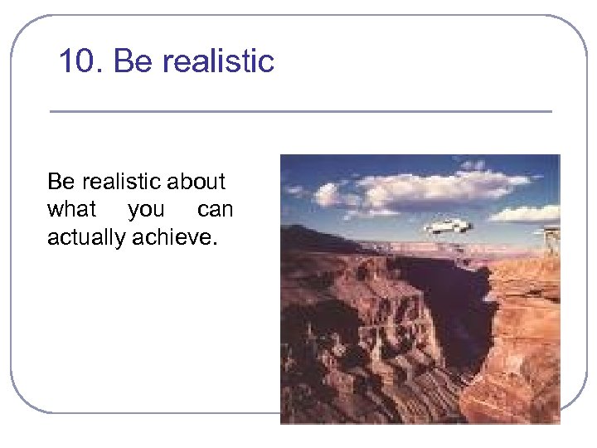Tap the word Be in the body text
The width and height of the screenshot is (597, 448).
click(x=61, y=182)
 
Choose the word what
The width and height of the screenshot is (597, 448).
click(x=72, y=210)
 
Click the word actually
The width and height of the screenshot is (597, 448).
click(x=88, y=239)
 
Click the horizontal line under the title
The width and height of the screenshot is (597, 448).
click(x=300, y=111)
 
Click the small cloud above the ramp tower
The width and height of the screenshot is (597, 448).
click(x=522, y=213)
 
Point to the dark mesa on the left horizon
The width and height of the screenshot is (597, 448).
click(x=311, y=236)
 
